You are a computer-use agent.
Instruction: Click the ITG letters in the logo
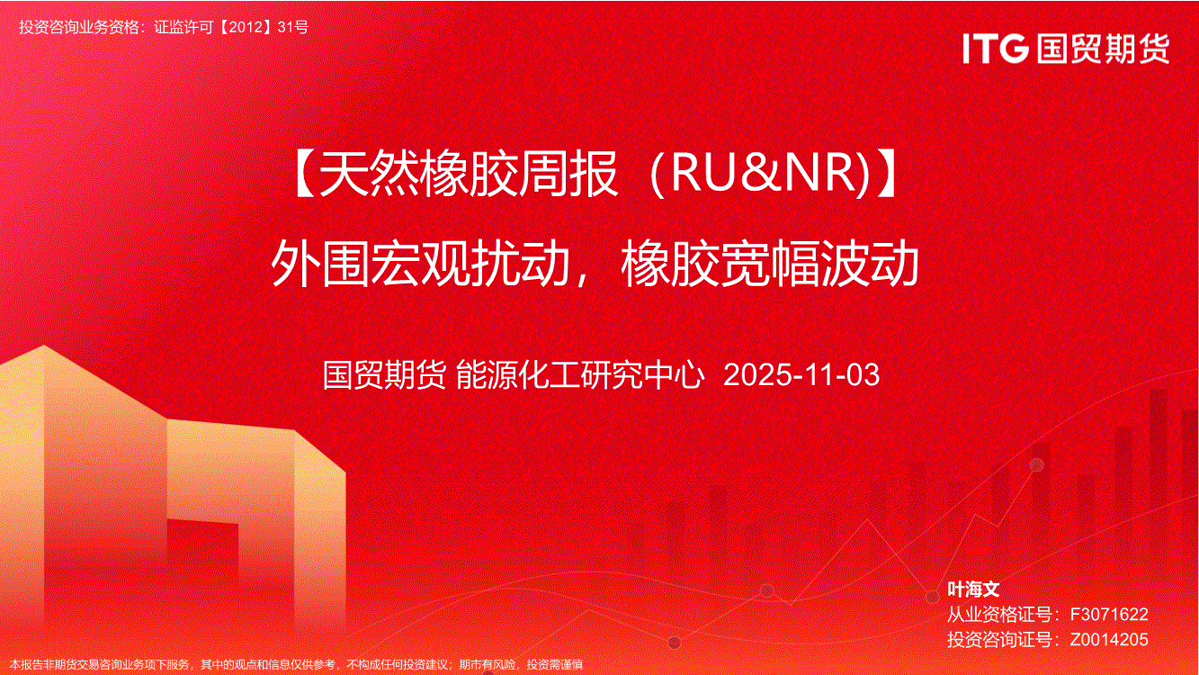[996, 49]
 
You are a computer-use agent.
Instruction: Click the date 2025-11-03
[801, 374]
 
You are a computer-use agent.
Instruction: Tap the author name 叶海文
[973, 589]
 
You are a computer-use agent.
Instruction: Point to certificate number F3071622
[1108, 614]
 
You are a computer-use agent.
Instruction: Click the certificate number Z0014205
[1108, 639]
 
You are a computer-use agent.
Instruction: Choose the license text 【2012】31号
[263, 27]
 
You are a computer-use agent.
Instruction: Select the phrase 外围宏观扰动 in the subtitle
[421, 263]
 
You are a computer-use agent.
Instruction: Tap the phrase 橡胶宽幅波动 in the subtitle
[770, 263]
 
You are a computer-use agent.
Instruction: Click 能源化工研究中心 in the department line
[579, 374]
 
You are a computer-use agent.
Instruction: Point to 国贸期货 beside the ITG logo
[1103, 49]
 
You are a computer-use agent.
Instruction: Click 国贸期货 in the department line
[384, 374]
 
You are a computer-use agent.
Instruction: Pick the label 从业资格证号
[999, 614]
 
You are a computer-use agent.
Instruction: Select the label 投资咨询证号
[999, 639]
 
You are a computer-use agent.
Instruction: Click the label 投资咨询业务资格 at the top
[78, 27]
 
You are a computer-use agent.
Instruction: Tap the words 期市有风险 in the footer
[488, 665]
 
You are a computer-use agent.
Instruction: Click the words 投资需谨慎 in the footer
[555, 665]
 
